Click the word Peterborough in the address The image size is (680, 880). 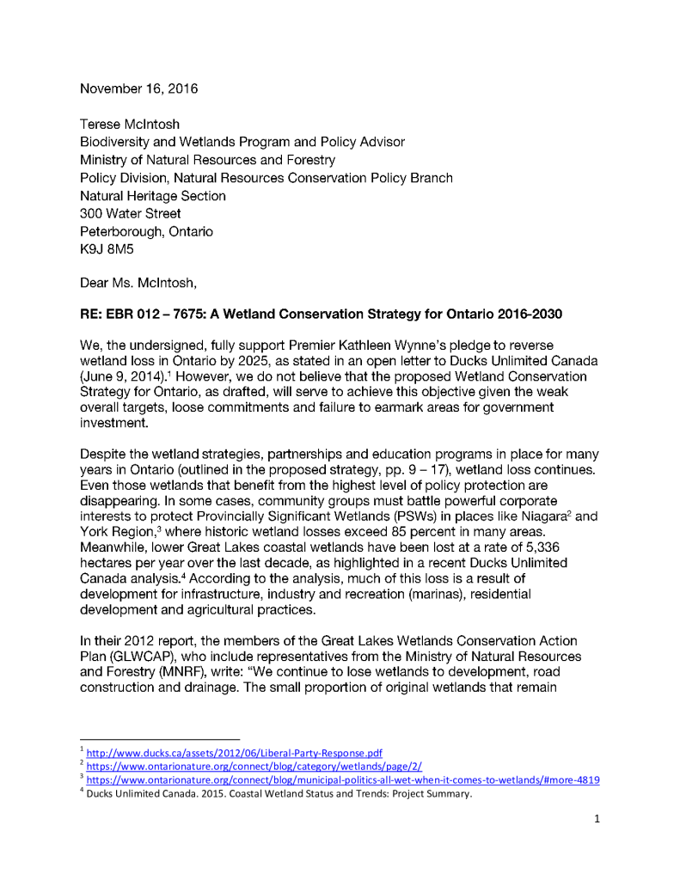119,232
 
